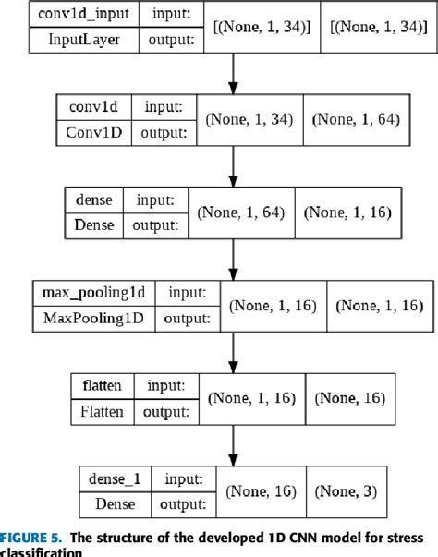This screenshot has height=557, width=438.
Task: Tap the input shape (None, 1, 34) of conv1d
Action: pos(249,118)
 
